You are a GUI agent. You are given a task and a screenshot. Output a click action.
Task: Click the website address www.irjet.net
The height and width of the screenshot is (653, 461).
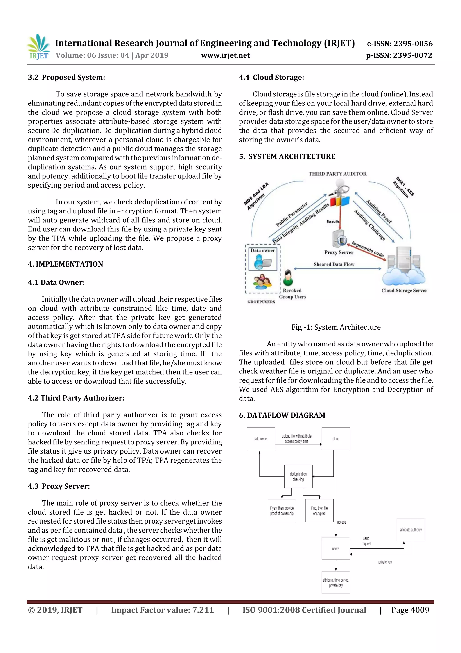pyautogui.click(x=226, y=55)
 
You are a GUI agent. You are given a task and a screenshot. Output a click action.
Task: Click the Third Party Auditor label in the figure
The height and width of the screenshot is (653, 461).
pyautogui.click(x=337, y=174)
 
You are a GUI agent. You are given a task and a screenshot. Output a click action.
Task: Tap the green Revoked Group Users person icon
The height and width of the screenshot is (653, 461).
pyautogui.click(x=288, y=277)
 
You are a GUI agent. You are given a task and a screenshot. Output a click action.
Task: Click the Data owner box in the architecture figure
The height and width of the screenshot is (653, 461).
pyautogui.click(x=263, y=259)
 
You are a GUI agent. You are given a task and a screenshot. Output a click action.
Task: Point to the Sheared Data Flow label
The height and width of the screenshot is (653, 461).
pyautogui.click(x=334, y=264)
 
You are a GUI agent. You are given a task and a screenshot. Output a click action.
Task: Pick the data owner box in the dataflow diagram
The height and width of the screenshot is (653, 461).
pyautogui.click(x=261, y=439)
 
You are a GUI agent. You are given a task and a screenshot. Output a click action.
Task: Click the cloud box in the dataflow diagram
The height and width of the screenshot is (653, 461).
pyautogui.click(x=336, y=439)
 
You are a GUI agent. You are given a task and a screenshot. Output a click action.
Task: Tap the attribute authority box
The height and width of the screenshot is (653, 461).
pyautogui.click(x=411, y=529)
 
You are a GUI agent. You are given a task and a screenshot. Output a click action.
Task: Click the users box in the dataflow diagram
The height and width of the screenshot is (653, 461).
pyautogui.click(x=336, y=549)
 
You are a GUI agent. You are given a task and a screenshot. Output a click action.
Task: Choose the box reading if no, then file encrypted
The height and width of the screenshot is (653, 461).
pyautogui.click(x=319, y=511)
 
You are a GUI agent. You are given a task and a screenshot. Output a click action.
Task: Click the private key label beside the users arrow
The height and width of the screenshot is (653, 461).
pyautogui.click(x=385, y=562)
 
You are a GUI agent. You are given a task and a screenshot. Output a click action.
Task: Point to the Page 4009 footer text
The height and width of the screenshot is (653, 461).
pyautogui.click(x=410, y=610)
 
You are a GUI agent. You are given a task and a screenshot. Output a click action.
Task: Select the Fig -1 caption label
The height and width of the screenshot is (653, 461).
pyautogui.click(x=301, y=327)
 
